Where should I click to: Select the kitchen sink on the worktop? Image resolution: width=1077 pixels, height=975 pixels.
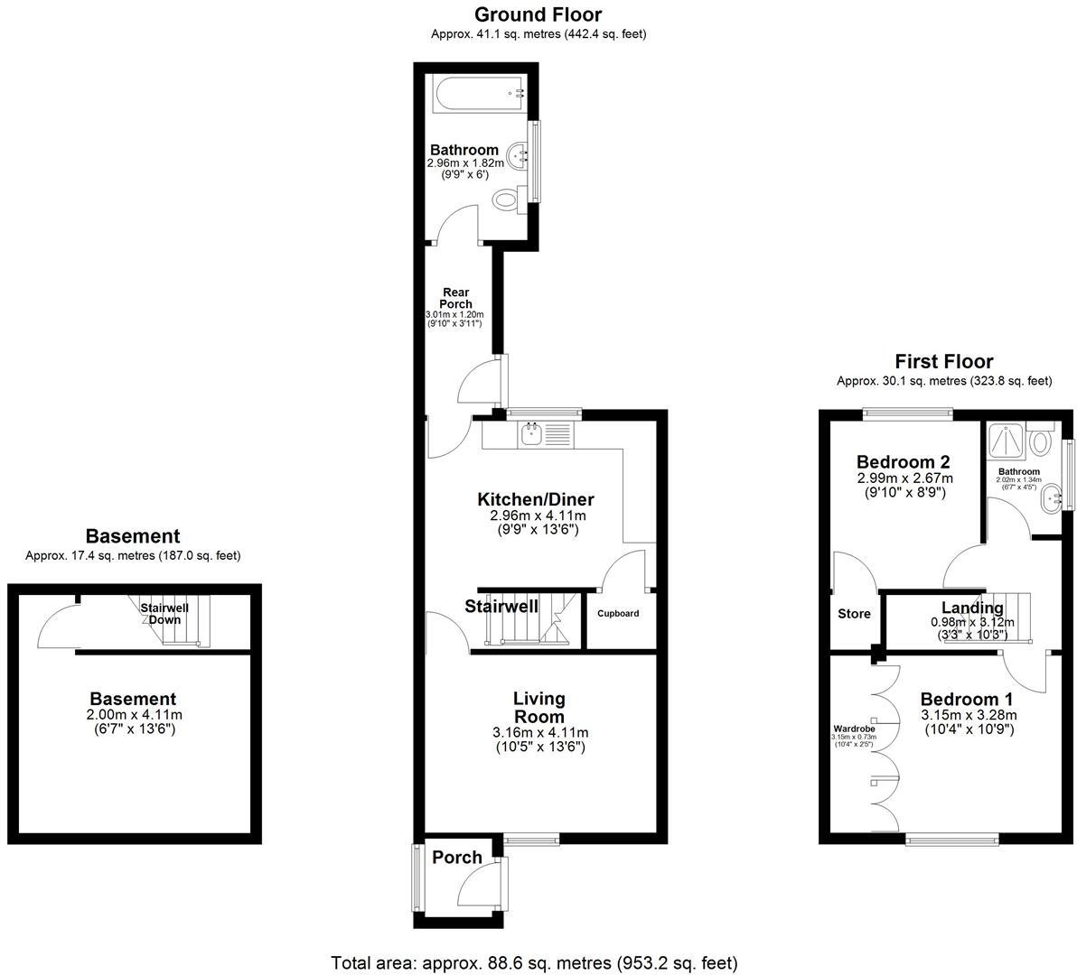529,435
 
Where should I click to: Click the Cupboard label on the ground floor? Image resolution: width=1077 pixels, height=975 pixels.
619,614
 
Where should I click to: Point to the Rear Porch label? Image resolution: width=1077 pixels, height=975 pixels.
456,298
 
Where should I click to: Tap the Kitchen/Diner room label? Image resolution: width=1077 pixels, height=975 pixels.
536,500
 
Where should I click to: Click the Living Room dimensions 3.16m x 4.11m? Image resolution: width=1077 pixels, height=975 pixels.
538,732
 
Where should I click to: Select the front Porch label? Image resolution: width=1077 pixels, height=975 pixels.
457,858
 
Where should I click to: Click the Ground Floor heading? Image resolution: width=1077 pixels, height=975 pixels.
538,14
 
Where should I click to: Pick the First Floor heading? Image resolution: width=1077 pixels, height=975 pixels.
943,362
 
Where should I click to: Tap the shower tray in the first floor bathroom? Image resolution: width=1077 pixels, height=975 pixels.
1007,441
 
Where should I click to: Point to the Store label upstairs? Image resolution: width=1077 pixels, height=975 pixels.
854,614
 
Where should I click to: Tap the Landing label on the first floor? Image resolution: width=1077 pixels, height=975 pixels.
972,608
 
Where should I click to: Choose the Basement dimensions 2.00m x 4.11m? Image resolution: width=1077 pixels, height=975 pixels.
133,715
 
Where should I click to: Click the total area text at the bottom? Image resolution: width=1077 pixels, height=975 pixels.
534,962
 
